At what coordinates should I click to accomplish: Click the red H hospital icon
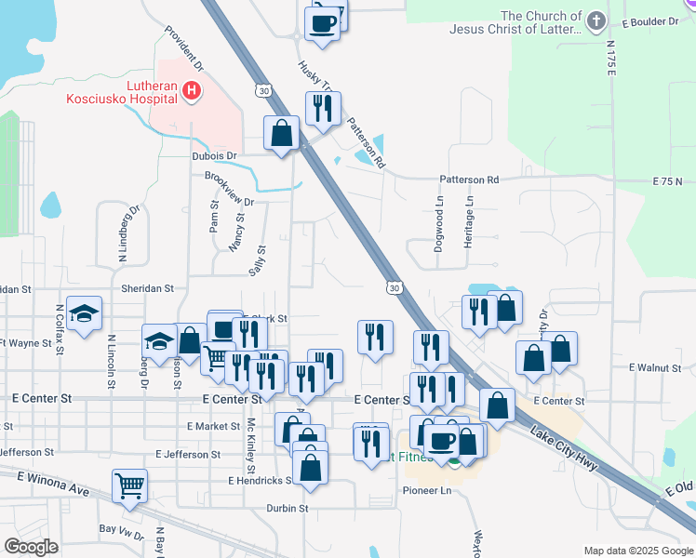191,90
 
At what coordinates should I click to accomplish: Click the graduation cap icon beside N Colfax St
84,315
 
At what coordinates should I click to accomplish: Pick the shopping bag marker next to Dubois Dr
281,134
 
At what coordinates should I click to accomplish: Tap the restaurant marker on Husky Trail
323,110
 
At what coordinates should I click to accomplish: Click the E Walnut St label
655,368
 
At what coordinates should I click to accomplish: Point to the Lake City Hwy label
564,447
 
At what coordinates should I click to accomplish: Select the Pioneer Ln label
427,490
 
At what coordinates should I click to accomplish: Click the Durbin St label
288,509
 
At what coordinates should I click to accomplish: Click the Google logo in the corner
31,547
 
